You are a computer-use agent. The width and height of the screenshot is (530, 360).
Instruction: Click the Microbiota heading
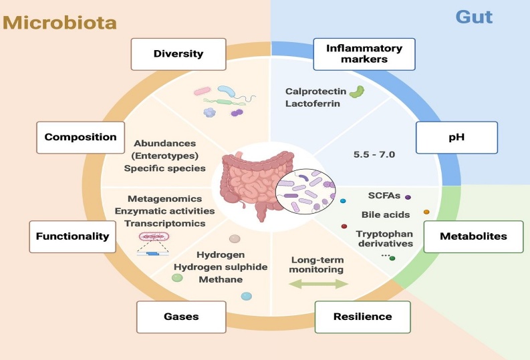point(59,21)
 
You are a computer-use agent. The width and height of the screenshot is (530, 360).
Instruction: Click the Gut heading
point(474,16)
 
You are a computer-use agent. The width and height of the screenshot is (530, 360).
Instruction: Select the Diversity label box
point(169,54)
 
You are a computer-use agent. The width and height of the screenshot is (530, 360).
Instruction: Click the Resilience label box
point(363,316)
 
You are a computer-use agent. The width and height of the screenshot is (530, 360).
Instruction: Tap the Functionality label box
point(72,236)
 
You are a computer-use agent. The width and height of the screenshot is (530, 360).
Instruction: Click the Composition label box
point(80,137)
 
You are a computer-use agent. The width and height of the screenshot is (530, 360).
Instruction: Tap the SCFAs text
point(383,196)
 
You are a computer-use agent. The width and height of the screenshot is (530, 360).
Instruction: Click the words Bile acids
point(386,215)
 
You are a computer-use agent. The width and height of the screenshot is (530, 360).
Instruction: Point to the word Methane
point(221,279)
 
